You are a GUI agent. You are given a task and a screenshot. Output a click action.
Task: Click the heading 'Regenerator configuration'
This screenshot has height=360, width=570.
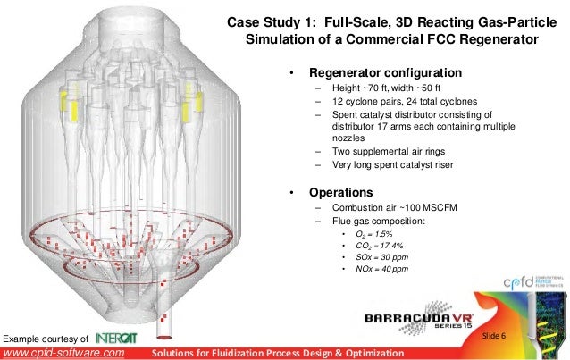385,72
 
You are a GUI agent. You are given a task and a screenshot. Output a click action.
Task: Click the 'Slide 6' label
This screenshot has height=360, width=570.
494,334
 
